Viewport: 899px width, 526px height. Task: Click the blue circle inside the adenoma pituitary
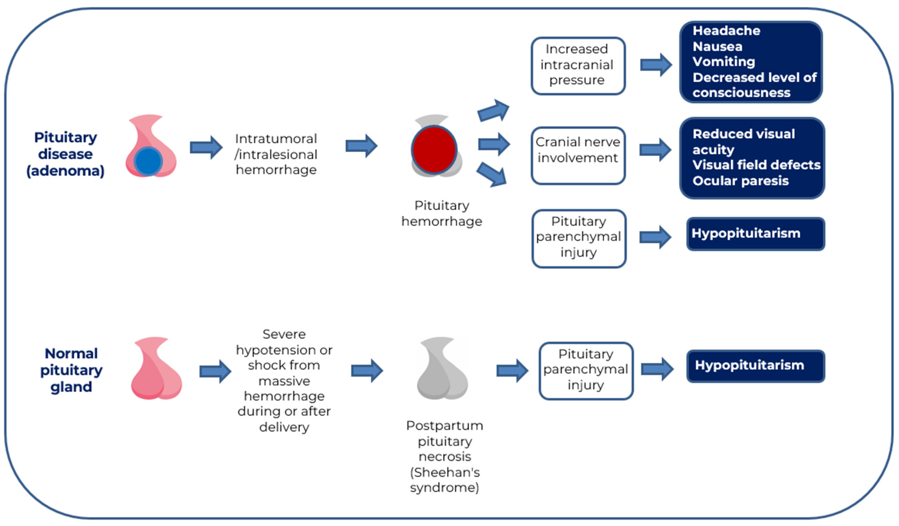point(148,161)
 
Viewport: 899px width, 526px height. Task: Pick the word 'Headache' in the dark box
point(726,31)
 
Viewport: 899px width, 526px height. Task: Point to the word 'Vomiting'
point(724,62)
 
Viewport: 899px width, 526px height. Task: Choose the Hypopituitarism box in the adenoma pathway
point(756,234)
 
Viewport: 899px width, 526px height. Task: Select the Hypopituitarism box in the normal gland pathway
point(756,366)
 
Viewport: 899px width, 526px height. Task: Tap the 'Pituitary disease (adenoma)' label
point(66,154)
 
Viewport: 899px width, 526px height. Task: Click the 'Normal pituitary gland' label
point(71,370)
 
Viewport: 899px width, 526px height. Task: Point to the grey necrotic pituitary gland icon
point(442,368)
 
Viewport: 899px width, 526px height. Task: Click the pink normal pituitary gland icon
point(156,368)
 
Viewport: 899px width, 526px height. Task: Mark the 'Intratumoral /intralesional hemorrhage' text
point(276,154)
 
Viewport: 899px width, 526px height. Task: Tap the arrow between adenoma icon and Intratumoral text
point(206,147)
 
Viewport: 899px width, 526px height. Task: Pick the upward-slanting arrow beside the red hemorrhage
point(493,110)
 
